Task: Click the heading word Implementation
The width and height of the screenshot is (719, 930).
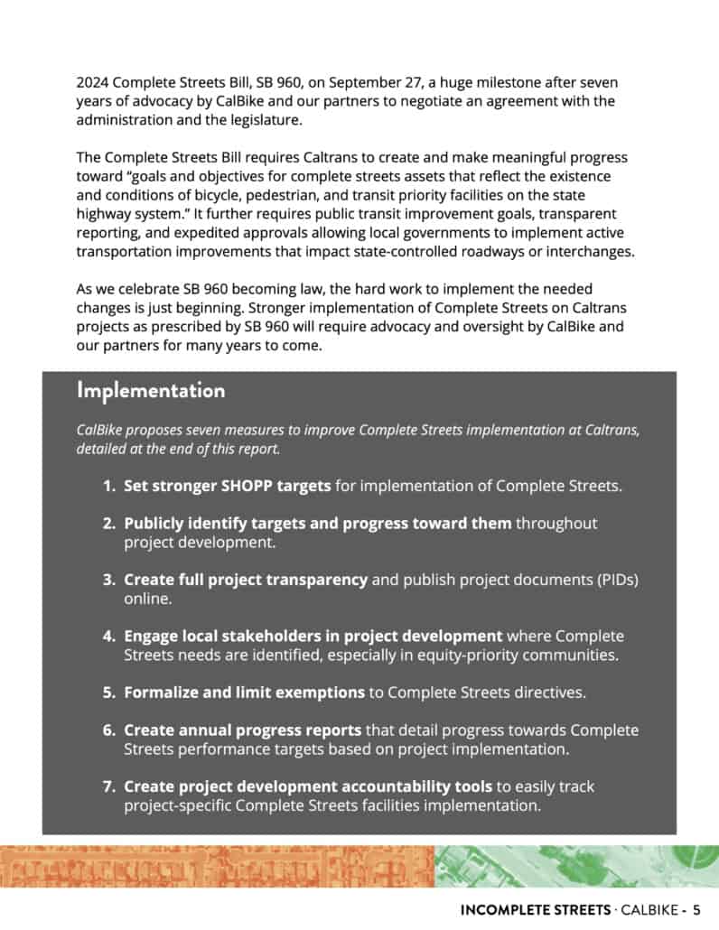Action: tap(151, 391)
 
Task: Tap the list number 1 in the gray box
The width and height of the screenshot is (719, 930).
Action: tap(107, 487)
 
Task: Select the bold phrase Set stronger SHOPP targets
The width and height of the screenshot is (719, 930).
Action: tap(228, 487)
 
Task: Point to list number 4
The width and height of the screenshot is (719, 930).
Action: tap(107, 637)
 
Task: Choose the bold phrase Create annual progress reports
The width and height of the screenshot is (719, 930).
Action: tap(242, 730)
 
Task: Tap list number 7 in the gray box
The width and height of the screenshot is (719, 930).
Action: tap(107, 786)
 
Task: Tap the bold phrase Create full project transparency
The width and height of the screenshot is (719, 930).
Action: tap(245, 580)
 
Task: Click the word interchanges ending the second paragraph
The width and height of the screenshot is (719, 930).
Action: tap(585, 252)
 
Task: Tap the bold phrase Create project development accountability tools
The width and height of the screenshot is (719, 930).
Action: tap(308, 786)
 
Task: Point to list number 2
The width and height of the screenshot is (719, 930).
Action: tap(107, 524)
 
